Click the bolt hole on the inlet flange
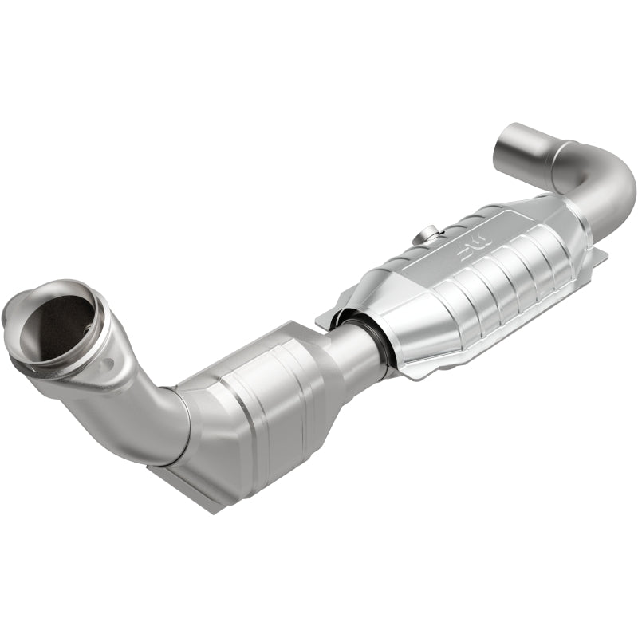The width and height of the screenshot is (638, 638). click(107, 364)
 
